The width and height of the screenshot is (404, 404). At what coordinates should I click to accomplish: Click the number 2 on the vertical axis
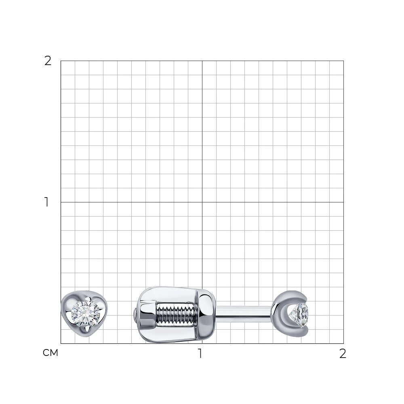pyautogui.click(x=48, y=61)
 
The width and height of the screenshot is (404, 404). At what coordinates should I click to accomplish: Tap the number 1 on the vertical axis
pyautogui.click(x=46, y=202)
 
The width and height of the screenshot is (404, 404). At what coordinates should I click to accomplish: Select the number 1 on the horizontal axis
pyautogui.click(x=200, y=353)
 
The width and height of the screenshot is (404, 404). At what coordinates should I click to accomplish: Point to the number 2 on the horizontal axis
pyautogui.click(x=343, y=353)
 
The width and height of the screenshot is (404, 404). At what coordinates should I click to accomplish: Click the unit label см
pyautogui.click(x=50, y=353)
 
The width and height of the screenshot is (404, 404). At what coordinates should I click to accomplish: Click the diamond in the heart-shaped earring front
pyautogui.click(x=86, y=314)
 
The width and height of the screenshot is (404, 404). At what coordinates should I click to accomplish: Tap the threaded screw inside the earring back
pyautogui.click(x=175, y=314)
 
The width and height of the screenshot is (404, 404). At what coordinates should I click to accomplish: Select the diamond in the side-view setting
pyautogui.click(x=299, y=315)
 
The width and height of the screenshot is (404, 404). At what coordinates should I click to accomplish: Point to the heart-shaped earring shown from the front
pyautogui.click(x=84, y=314)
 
